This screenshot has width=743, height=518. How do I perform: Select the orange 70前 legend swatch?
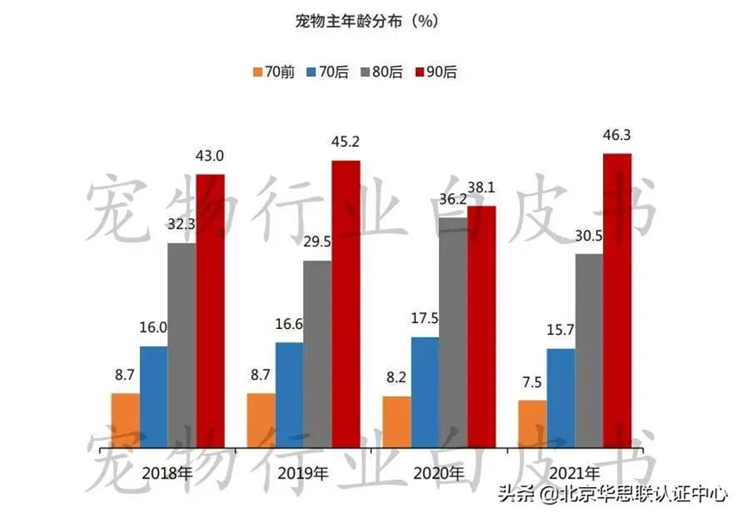pyautogui.click(x=258, y=72)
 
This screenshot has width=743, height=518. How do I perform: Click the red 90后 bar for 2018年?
pyautogui.click(x=210, y=309)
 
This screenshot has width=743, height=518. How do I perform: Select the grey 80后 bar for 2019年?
pyautogui.click(x=318, y=352)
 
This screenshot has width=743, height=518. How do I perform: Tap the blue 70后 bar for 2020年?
pyautogui.click(x=425, y=391)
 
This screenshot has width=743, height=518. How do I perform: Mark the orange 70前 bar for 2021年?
pyautogui.click(x=533, y=423)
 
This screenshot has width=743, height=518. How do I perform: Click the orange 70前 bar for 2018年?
pyautogui.click(x=125, y=419)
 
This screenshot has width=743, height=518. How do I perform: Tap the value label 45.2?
pyautogui.click(x=346, y=142)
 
